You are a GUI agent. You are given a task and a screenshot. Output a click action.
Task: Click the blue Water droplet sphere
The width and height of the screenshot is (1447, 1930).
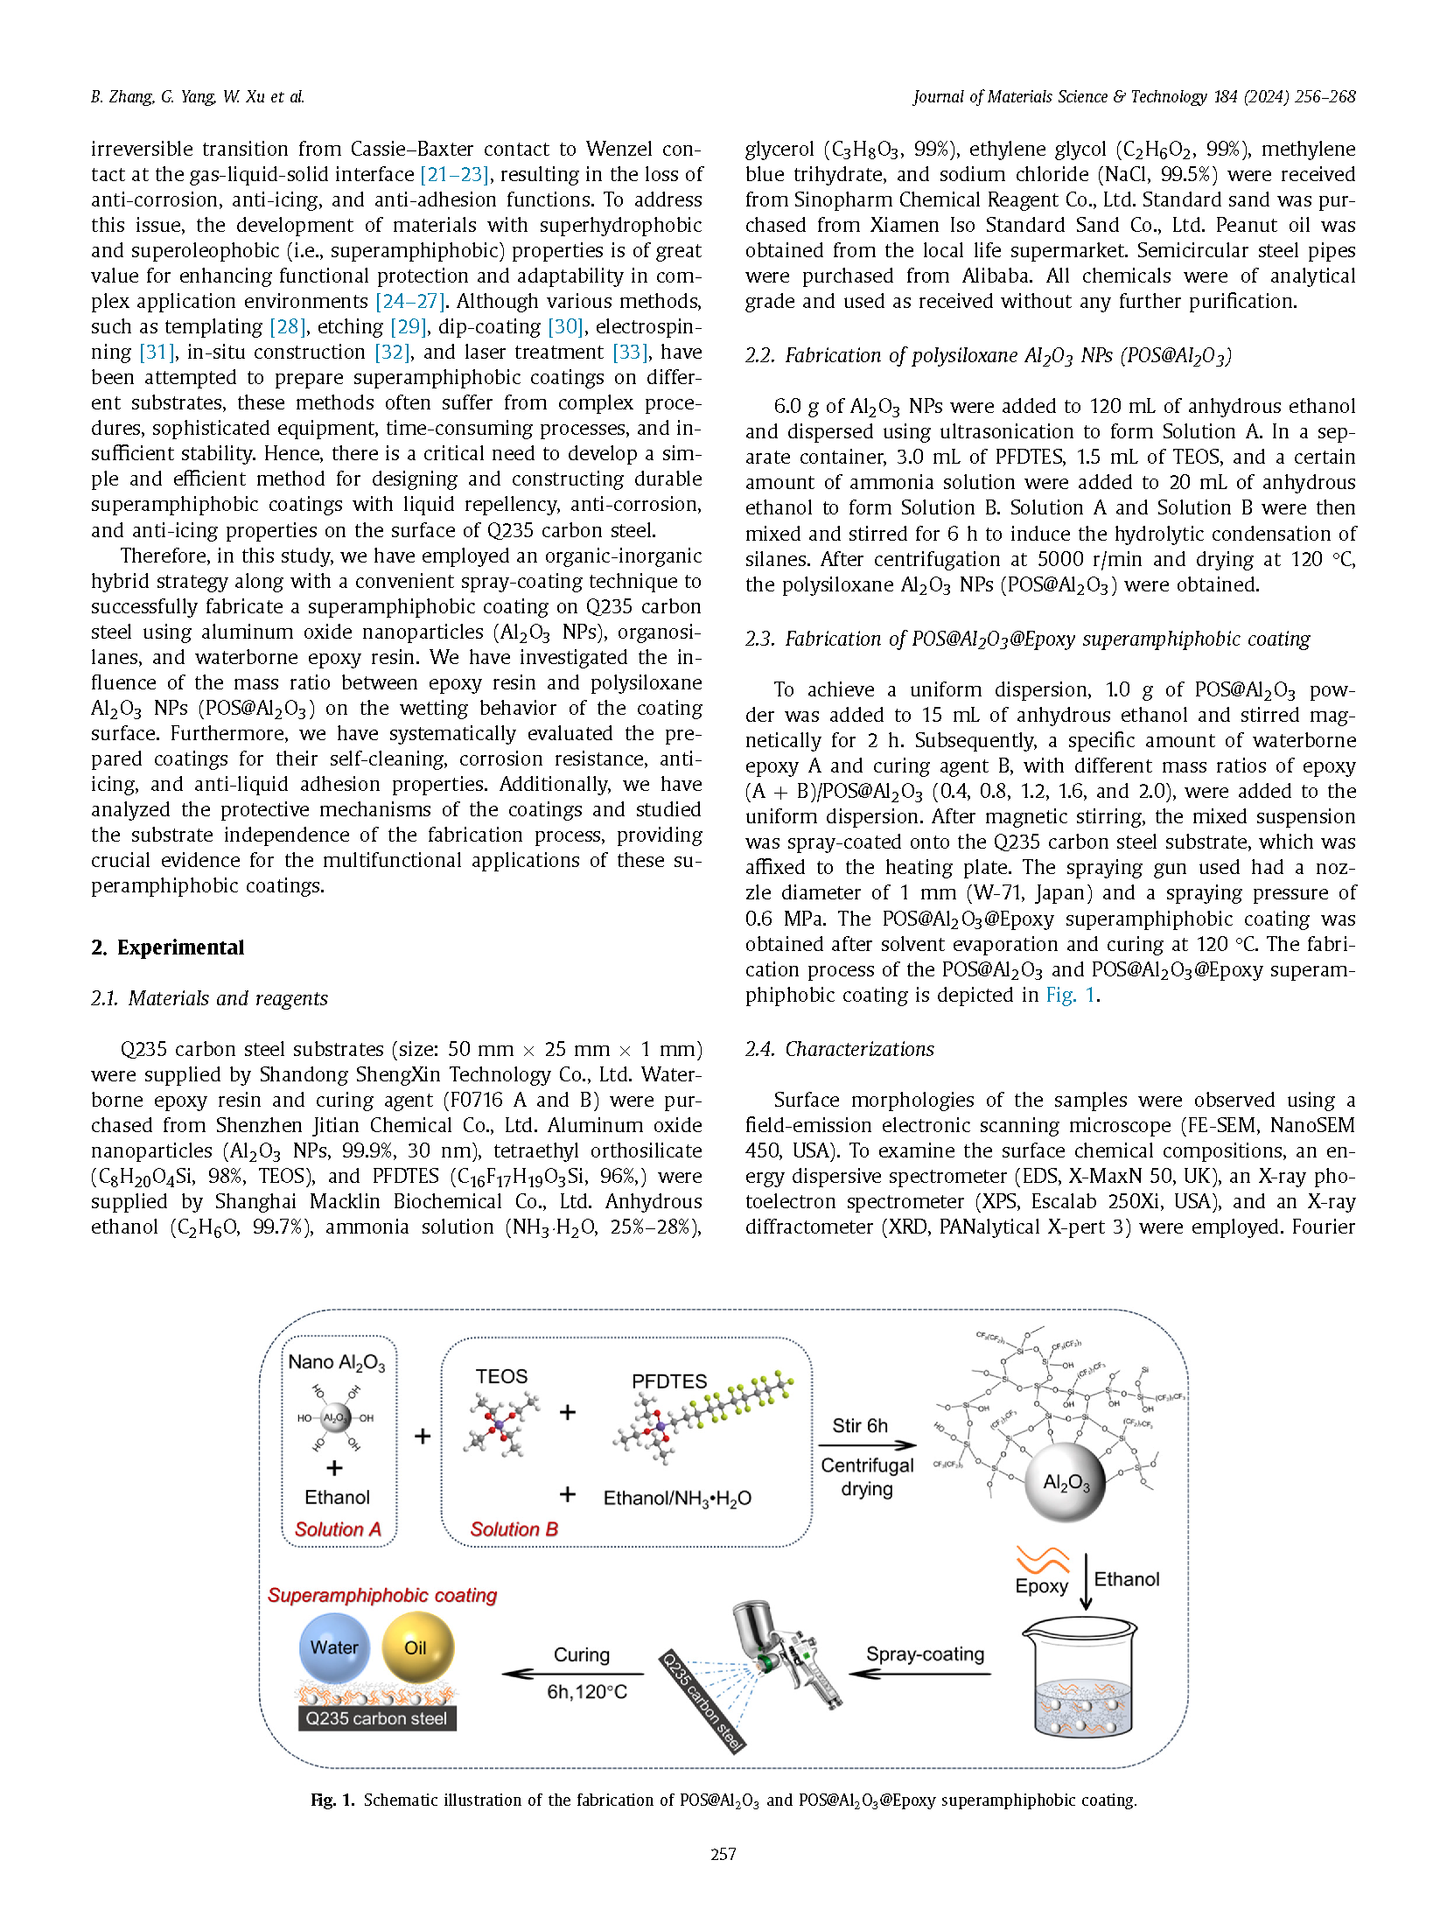click(334, 1648)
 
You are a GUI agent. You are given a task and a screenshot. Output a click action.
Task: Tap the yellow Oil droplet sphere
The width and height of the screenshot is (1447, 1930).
click(417, 1648)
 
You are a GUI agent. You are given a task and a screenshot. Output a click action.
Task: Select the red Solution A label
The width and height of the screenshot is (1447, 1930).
click(338, 1529)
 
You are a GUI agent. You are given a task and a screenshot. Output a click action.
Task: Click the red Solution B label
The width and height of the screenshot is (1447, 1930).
click(514, 1529)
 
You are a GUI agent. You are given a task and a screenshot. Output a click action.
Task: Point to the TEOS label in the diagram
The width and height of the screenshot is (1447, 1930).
click(501, 1376)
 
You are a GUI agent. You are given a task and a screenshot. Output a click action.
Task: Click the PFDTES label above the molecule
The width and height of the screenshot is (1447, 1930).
click(669, 1381)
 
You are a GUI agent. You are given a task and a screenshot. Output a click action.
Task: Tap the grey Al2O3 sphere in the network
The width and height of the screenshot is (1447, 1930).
click(1065, 1482)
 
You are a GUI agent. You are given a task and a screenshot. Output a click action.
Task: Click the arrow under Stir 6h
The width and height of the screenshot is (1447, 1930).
click(867, 1445)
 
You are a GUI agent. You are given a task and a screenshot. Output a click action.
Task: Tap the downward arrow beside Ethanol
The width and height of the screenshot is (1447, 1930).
click(1086, 1582)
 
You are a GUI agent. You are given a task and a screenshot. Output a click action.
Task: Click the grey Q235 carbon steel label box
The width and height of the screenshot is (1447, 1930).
click(376, 1718)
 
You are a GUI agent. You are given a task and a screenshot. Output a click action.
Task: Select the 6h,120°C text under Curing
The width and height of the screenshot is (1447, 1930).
click(587, 1692)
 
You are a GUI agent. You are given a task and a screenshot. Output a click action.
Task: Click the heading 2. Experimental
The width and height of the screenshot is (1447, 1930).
click(167, 948)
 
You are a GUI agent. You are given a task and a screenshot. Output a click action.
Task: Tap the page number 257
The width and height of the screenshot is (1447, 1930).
click(723, 1854)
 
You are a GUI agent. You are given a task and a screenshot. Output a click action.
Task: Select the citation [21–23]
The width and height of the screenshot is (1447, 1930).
click(454, 175)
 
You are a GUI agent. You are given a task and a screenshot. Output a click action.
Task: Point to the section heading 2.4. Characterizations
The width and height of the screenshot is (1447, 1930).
click(839, 1049)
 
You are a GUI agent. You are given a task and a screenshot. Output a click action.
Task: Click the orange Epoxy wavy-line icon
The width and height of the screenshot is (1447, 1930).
click(1042, 1560)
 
